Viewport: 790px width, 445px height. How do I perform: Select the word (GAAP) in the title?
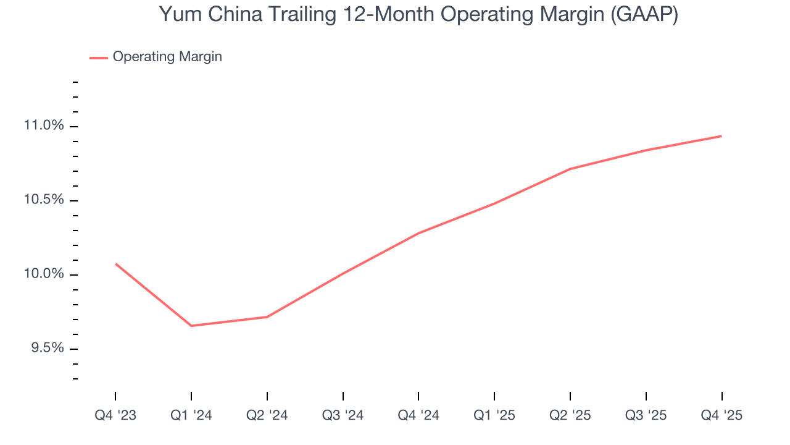[644, 14]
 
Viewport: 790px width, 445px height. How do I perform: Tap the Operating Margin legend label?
[167, 57]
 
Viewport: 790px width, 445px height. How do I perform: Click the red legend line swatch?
[99, 57]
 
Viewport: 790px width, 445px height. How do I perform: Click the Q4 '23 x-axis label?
[115, 415]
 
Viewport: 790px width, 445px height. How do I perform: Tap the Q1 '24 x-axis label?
[191, 415]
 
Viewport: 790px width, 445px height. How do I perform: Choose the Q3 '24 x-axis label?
[343, 415]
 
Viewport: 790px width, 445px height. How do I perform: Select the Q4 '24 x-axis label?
[418, 415]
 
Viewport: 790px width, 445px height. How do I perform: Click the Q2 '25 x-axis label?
[570, 415]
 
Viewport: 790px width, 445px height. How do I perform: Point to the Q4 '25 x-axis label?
[721, 415]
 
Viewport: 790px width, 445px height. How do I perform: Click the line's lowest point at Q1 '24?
[191, 326]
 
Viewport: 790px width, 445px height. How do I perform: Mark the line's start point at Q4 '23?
[115, 264]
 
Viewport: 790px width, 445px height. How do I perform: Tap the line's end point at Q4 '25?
[721, 136]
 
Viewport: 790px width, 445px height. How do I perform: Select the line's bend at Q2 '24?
[267, 316]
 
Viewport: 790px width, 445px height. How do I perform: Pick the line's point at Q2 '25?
[570, 169]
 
